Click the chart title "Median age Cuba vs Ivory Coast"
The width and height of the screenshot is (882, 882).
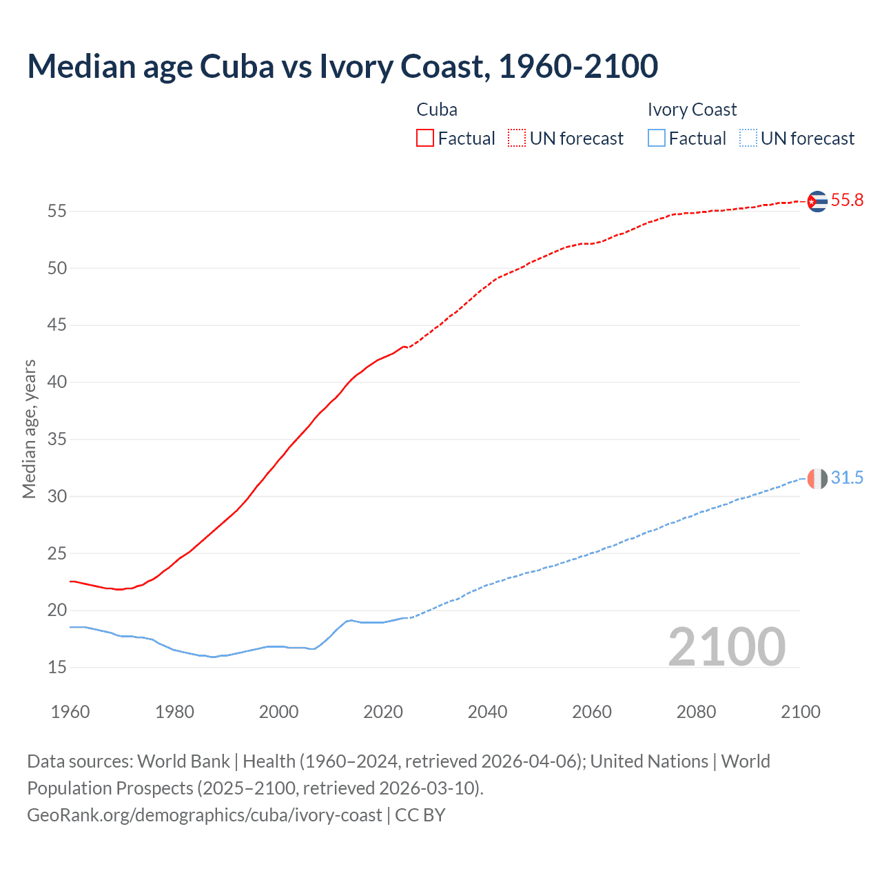(x=342, y=66)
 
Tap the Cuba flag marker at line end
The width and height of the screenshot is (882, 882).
(x=817, y=201)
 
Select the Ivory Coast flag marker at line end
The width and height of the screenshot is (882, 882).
(x=817, y=478)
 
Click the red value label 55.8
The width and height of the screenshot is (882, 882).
(x=847, y=201)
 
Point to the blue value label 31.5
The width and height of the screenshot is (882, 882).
(x=847, y=478)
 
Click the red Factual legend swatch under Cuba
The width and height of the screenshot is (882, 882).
(x=425, y=139)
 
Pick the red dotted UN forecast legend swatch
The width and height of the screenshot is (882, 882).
(x=517, y=139)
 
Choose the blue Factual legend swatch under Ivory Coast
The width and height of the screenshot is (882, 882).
(x=657, y=139)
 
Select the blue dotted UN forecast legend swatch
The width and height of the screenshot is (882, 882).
(x=748, y=139)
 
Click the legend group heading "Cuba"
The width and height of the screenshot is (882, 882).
(x=437, y=110)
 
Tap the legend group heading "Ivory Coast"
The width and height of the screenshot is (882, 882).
(x=692, y=110)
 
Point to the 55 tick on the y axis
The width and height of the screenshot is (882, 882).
(x=57, y=212)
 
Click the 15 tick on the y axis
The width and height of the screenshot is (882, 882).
(x=57, y=668)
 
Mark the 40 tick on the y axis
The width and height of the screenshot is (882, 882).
(x=57, y=382)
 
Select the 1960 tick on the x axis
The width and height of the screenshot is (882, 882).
(x=70, y=712)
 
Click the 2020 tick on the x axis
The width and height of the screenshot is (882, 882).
(x=383, y=712)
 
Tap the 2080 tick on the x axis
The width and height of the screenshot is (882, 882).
(x=696, y=712)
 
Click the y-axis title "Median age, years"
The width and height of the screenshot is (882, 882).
(x=29, y=429)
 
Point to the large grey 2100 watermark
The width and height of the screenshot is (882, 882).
(x=726, y=647)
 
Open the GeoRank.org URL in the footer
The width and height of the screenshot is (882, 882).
(x=204, y=815)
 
